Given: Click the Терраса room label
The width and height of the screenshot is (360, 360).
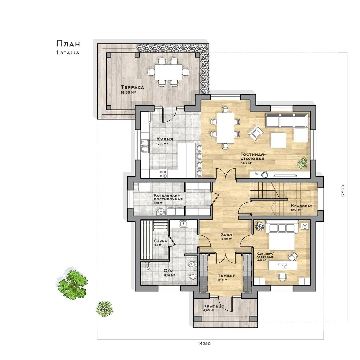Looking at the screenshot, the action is (132, 87).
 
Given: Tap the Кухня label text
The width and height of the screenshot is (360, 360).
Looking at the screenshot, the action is (165, 139).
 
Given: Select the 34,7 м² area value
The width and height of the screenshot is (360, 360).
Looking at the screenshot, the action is (246, 163).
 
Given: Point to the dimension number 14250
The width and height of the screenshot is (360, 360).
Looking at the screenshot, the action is (204, 344).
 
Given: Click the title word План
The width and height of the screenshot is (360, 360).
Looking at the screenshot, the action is (68, 44).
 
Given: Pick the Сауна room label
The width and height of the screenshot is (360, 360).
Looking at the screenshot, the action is (160, 241).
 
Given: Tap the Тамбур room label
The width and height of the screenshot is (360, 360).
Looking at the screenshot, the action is (227, 275).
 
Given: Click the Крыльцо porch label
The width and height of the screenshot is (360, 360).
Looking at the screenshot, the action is (214, 307).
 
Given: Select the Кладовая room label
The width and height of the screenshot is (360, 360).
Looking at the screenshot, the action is (302, 206).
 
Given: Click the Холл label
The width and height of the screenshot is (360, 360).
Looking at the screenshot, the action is (226, 235).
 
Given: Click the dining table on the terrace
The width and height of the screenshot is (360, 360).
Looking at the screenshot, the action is (169, 72).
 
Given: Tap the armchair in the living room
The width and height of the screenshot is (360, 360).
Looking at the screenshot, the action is (255, 132).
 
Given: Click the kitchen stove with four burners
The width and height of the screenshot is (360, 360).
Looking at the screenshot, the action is (163, 174).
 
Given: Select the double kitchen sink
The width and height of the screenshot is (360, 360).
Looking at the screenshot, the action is (145, 146).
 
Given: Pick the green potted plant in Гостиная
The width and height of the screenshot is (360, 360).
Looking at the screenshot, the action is (302, 163).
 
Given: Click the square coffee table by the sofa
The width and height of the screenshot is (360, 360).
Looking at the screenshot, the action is (278, 141).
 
